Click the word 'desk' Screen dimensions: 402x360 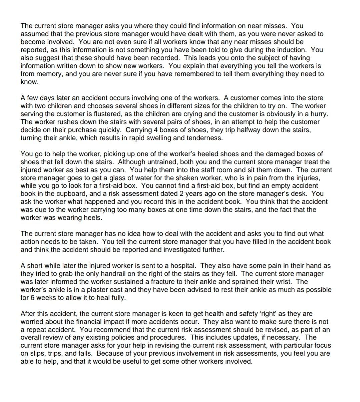pyautogui.click(x=302, y=194)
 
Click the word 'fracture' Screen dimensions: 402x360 pyautogui.click(x=154, y=282)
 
